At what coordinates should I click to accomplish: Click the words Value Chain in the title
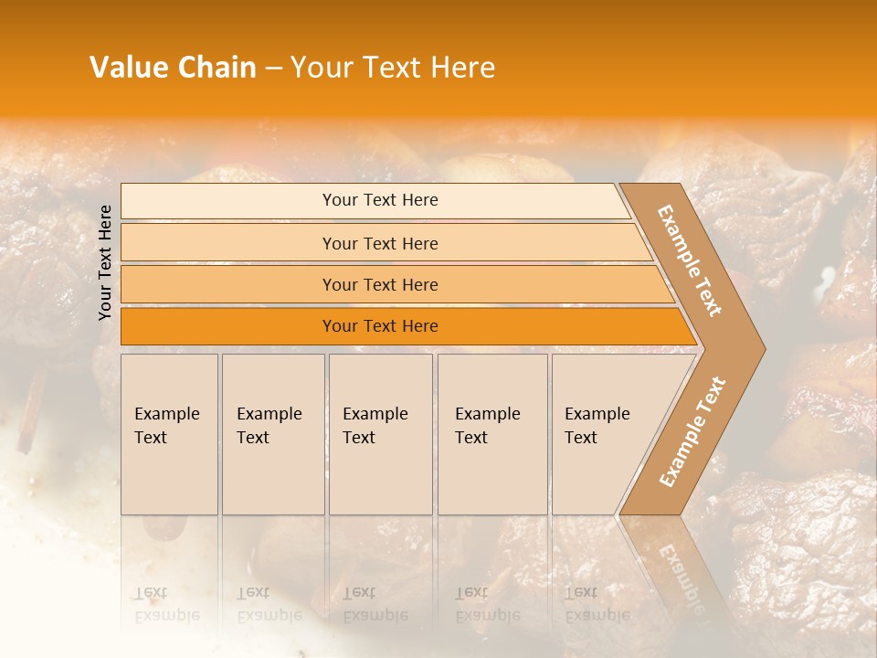pos(173,68)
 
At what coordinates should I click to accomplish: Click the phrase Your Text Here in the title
pos(393,68)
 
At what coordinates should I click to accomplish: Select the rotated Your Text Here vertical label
pos(105,263)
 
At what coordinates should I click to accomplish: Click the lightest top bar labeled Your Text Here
pos(379,200)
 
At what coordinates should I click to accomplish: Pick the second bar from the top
pos(379,243)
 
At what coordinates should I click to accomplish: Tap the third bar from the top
pos(379,284)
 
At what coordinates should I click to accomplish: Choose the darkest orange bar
pos(379,326)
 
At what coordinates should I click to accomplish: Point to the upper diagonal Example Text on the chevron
pos(691,260)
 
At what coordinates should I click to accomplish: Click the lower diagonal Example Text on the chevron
pos(692,431)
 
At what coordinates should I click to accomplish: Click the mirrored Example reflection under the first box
pos(166,614)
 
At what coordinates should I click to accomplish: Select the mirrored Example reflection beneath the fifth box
pos(597,614)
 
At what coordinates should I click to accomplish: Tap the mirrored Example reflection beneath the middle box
pos(375,614)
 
